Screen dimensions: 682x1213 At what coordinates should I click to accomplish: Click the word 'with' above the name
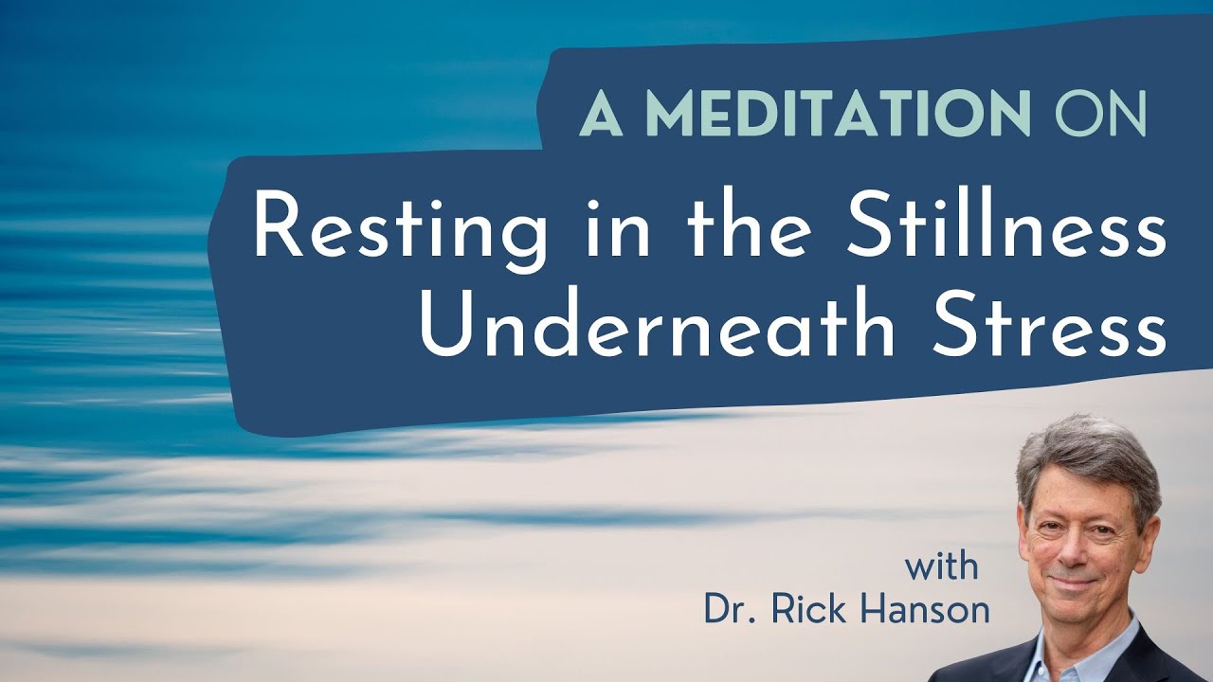[941, 568]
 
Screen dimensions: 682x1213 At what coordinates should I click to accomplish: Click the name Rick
[806, 609]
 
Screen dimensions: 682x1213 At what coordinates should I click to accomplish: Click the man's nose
[1078, 545]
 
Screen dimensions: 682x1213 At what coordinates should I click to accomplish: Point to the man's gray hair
[1090, 450]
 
